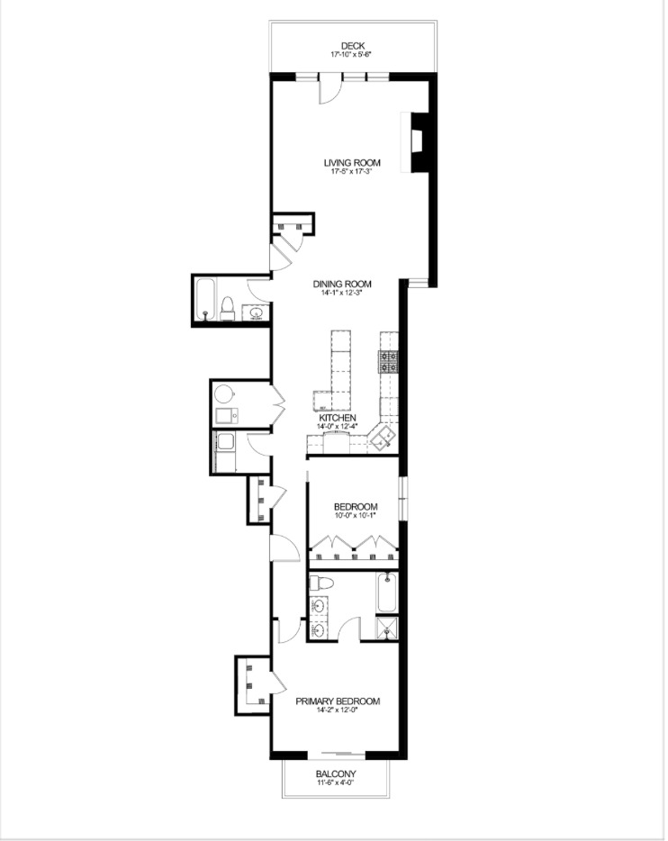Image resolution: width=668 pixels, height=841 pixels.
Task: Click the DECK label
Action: click(353, 46)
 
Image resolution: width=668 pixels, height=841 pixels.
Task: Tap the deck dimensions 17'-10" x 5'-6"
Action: click(353, 55)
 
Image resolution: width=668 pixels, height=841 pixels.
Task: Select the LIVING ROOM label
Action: click(353, 163)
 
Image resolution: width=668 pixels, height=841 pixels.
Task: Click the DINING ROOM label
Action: click(347, 284)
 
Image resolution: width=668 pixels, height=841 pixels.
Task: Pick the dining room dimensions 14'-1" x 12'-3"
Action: click(347, 294)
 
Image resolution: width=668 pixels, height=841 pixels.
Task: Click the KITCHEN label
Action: click(339, 419)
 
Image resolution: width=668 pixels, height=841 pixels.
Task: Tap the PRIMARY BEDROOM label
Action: click(338, 701)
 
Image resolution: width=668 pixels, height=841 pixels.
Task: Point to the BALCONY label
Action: click(337, 774)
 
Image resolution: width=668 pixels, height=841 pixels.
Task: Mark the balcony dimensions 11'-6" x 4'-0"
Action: click(337, 783)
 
